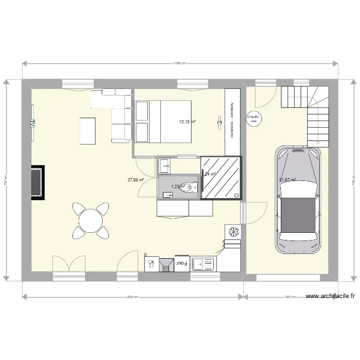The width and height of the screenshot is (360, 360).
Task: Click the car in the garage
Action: tap(298, 199)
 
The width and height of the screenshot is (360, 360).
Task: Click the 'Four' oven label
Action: tap(181, 264)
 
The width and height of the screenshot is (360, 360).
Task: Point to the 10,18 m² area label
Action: tap(187, 122)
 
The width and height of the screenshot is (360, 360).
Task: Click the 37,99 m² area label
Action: tap(136, 180)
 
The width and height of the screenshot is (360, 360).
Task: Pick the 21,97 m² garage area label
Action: tap(288, 180)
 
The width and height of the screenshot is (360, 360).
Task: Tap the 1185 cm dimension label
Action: tap(180, 63)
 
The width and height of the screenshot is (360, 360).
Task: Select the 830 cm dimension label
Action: tap(132, 297)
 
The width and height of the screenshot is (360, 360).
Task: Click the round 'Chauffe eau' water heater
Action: tap(253, 118)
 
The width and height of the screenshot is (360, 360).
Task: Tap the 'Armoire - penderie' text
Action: tap(232, 120)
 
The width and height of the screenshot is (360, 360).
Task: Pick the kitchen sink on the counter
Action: tap(204, 264)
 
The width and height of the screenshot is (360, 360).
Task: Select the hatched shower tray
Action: tap(221, 178)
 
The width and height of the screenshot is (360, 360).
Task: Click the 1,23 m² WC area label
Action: tap(177, 187)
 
